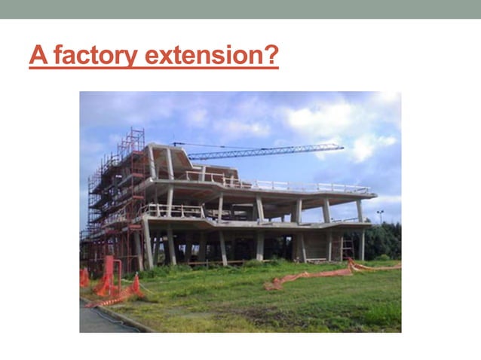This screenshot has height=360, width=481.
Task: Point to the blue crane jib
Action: point(264,151)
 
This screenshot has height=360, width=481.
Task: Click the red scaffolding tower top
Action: point(134,136)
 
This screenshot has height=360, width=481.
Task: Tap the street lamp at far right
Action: point(380,215)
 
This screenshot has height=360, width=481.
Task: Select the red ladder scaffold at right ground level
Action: point(347,247)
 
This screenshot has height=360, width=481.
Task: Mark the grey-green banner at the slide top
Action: point(240,9)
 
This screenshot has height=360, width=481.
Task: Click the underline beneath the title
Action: point(154,68)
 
